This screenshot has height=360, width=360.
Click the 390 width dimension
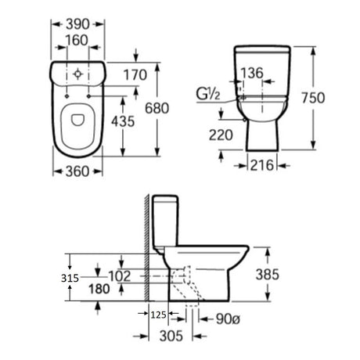(77, 24)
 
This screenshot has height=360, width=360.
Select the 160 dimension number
(77, 41)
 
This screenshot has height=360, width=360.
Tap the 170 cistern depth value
(135, 75)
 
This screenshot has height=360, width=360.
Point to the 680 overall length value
(157, 108)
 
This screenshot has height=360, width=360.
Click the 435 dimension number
(123, 121)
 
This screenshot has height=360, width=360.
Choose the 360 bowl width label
(77, 171)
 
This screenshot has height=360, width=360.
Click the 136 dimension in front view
(252, 73)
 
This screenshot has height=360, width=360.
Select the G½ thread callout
(208, 94)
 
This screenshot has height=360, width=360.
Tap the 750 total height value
(313, 98)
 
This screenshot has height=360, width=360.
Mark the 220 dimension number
(221, 135)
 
